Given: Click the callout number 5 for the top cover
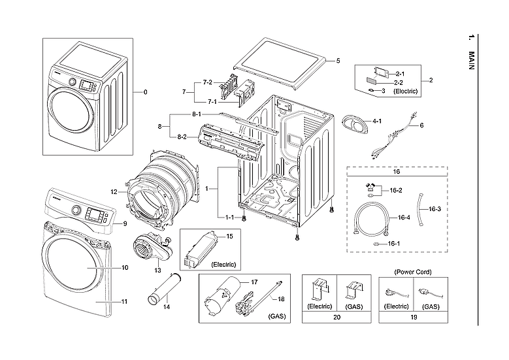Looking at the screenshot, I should coord(338,61).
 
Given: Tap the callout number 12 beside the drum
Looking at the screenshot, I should coord(114,192).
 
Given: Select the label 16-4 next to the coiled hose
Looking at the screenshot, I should coord(403,218).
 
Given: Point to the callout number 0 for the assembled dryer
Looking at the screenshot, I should coord(145,92).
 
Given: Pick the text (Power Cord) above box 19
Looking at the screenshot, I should coord(414,271).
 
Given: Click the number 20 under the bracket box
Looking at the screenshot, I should coord(337,317).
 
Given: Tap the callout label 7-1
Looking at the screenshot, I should coord(212,102).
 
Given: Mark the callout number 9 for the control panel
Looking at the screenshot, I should coord(124,224).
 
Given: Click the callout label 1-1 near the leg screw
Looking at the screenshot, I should coord(230,217).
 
